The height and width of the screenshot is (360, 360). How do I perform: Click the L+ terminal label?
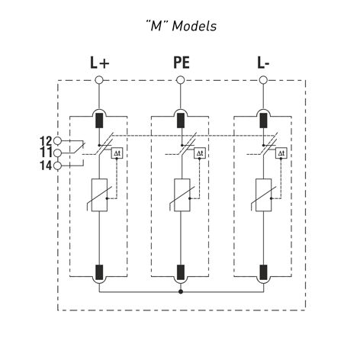click(x=99, y=63)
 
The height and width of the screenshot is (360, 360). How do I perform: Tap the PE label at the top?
click(x=182, y=63)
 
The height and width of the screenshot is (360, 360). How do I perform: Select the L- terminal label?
click(x=263, y=63)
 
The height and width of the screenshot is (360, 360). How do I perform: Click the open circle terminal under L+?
click(x=99, y=80)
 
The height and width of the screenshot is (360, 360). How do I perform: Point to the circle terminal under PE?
click(x=181, y=80)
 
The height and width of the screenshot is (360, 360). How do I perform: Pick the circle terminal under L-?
click(x=263, y=80)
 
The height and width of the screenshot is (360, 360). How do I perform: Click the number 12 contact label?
click(x=46, y=141)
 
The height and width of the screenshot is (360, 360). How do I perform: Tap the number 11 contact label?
click(x=46, y=153)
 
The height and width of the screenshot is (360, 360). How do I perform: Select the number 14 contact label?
click(x=46, y=166)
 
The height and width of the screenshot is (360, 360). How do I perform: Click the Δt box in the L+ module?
click(x=117, y=153)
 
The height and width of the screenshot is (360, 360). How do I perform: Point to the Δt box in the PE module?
click(x=200, y=153)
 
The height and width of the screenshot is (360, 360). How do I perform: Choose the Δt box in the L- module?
click(x=281, y=153)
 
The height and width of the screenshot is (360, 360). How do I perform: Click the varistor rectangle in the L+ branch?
click(x=99, y=195)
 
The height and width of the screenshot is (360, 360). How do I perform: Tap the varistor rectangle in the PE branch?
click(x=182, y=195)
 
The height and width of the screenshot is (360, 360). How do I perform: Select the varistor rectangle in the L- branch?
click(x=263, y=195)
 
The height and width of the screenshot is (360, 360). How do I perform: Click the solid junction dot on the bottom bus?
click(x=181, y=291)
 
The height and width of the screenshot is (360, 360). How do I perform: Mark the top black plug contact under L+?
click(x=99, y=121)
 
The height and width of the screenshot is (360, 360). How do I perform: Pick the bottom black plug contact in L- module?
click(x=263, y=272)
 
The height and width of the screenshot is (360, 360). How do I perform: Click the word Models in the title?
click(x=194, y=26)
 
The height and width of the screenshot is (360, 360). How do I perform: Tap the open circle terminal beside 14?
click(x=58, y=166)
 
